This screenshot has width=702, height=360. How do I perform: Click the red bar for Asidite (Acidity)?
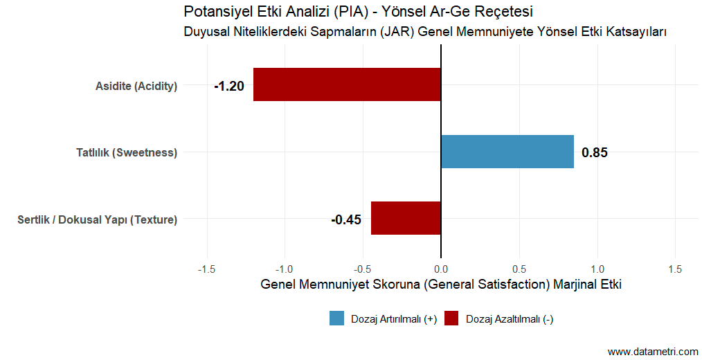point(347,84)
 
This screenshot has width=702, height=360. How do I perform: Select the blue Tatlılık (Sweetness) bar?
point(507,152)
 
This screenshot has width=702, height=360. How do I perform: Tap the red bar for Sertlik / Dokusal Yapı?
point(406,218)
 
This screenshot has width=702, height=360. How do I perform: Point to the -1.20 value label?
point(229,87)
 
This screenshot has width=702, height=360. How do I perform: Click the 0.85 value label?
point(595,153)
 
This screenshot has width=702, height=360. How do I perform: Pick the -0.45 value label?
point(346,220)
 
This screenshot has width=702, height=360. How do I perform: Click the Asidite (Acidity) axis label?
point(136,87)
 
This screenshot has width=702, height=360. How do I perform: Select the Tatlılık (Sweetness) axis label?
point(127,153)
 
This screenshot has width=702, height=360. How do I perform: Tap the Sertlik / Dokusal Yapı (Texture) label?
point(97,220)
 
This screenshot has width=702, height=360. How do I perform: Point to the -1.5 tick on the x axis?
point(206,269)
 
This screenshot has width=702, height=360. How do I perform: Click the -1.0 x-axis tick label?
point(285,269)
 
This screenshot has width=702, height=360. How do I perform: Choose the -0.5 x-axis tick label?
point(363,269)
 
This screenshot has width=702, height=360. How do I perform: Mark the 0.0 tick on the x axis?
point(441,269)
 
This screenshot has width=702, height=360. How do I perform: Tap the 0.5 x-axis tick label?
point(519,269)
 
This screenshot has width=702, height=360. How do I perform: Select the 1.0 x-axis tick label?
point(597,269)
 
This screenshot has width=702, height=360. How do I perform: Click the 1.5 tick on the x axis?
point(676,269)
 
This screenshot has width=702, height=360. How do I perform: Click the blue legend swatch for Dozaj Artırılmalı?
point(337,318)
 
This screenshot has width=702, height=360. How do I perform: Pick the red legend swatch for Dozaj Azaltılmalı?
point(451,318)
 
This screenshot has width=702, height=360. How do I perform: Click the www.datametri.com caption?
point(653,352)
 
